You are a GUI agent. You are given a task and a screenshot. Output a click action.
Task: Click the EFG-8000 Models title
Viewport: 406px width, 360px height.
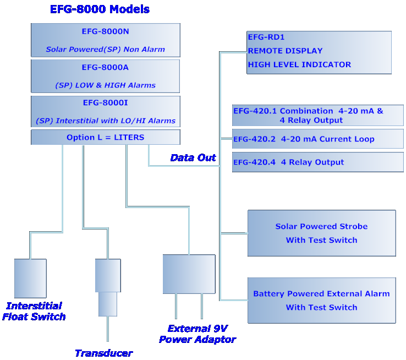[x=100, y=9]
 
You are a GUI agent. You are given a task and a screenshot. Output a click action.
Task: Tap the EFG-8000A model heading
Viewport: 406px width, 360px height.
[x=105, y=68]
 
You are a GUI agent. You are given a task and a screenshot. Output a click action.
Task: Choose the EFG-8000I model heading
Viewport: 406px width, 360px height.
[x=105, y=103]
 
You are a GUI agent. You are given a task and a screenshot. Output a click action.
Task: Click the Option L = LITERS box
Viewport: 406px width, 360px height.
[x=105, y=137]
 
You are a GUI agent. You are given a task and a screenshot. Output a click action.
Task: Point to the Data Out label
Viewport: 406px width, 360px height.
[x=193, y=158]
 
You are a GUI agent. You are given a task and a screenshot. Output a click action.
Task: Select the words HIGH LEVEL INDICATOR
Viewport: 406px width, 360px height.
[x=299, y=64]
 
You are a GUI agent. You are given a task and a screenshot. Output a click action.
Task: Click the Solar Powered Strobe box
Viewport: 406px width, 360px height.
[x=321, y=233]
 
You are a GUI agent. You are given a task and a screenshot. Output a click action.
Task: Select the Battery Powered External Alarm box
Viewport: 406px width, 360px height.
[x=321, y=300]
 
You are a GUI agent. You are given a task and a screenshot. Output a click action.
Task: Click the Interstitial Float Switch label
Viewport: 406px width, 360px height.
[x=34, y=311]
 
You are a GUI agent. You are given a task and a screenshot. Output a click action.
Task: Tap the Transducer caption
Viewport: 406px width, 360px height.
[x=103, y=353]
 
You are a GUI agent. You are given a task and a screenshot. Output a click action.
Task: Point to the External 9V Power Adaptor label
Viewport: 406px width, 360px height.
[x=197, y=334]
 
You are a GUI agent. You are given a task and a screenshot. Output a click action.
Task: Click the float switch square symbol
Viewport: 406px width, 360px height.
[x=30, y=279]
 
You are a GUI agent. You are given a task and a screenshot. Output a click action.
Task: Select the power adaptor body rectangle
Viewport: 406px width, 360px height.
[x=189, y=274]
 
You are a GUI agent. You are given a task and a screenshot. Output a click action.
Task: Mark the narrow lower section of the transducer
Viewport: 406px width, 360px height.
[x=108, y=304]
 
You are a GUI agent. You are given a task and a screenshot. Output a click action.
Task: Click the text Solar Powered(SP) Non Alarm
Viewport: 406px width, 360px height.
[x=105, y=50]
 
